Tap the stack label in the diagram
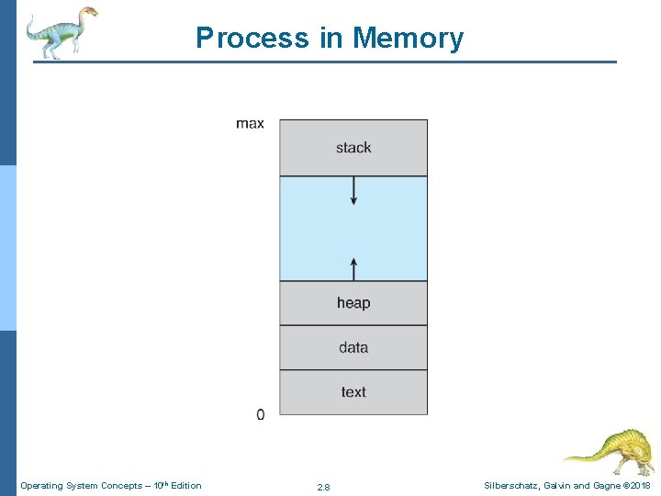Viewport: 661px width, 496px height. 353,148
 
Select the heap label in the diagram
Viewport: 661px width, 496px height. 353,303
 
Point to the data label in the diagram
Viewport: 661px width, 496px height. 353,347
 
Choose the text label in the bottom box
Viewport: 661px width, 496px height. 353,392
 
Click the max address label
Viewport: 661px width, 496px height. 250,124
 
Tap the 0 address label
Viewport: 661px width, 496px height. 260,415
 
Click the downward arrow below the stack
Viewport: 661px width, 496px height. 353,191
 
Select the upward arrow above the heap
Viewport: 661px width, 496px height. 353,267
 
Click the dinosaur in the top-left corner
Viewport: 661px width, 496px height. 60,32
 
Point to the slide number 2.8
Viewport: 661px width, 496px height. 323,487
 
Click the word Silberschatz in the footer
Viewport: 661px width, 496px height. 511,486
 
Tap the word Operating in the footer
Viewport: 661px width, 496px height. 39,486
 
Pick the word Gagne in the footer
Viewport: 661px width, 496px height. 602,486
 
